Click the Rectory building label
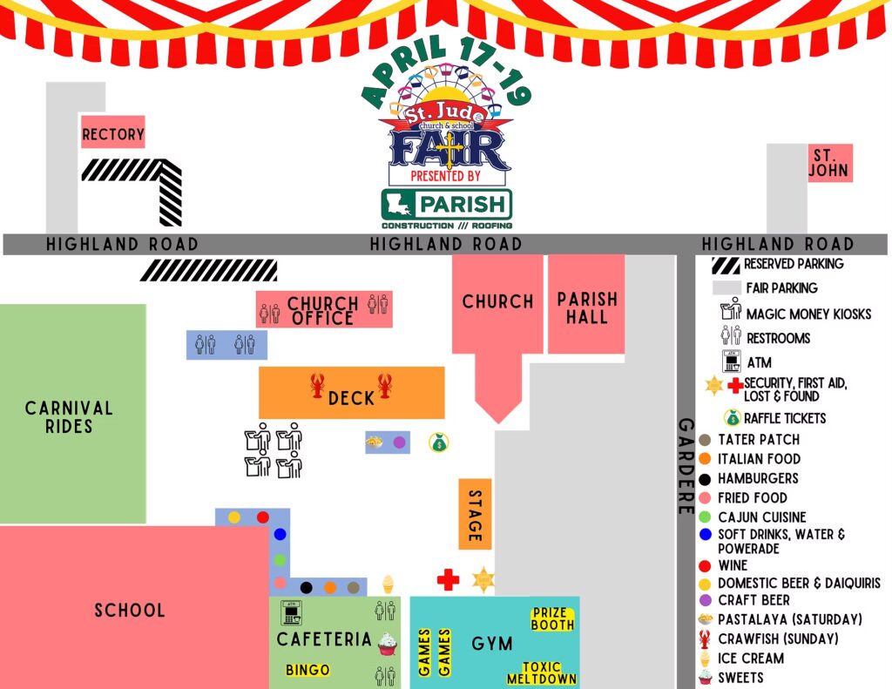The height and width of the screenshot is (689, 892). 112,134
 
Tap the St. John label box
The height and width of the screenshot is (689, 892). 828,163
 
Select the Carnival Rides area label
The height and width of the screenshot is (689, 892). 70,417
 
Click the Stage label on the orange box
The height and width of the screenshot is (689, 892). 475,514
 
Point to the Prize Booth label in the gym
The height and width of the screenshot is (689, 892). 553,618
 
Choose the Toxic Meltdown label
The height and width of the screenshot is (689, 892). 541,673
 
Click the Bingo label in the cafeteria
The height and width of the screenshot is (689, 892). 308,670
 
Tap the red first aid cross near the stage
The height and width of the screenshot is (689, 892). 448,580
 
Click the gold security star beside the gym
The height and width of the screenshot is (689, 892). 483,579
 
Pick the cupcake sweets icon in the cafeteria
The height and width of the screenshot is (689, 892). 388,644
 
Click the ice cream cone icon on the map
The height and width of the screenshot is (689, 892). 388,584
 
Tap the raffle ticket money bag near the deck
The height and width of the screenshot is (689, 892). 439,443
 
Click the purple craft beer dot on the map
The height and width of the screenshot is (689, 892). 399,442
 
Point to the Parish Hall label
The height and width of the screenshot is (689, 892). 587,308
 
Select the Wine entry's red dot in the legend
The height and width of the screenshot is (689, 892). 705,565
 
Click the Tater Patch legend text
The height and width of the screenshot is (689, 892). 759,439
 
